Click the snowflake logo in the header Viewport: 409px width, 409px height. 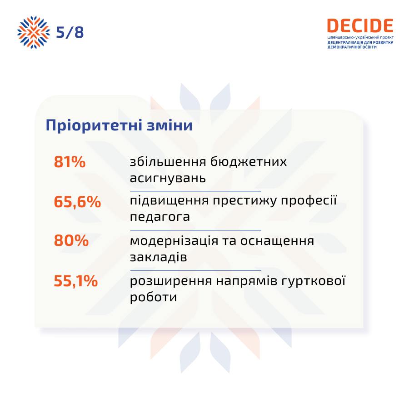click(34, 32)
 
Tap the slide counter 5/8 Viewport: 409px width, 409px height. click(70, 32)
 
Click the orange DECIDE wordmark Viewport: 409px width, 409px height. click(360, 26)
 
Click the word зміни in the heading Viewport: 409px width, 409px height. click(170, 125)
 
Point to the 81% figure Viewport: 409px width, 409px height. click(70, 162)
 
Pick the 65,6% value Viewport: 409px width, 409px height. click(77, 202)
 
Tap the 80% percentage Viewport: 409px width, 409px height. click(71, 240)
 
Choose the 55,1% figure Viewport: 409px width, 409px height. click(75, 281)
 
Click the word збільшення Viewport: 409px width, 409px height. click(168, 161)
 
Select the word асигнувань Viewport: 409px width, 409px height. click(168, 178)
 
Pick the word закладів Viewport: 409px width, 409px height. click(158, 257)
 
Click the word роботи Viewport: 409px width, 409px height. click(154, 297)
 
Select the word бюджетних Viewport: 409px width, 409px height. click(249, 162)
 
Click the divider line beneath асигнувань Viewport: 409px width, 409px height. click(195, 191)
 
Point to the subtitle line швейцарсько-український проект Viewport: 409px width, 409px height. click(360, 38)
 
